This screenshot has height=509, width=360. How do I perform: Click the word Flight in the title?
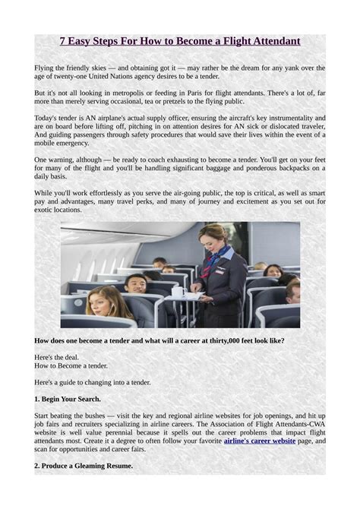pyautogui.click(x=235, y=41)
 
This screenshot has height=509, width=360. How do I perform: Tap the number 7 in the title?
pyautogui.click(x=63, y=41)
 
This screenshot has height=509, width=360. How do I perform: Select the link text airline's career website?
pyautogui.click(x=258, y=440)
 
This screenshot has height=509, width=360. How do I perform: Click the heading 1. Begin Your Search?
pyautogui.click(x=68, y=399)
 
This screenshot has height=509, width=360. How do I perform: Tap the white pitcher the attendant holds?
pyautogui.click(x=179, y=289)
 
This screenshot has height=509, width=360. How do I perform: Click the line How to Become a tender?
pyautogui.click(x=71, y=365)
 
